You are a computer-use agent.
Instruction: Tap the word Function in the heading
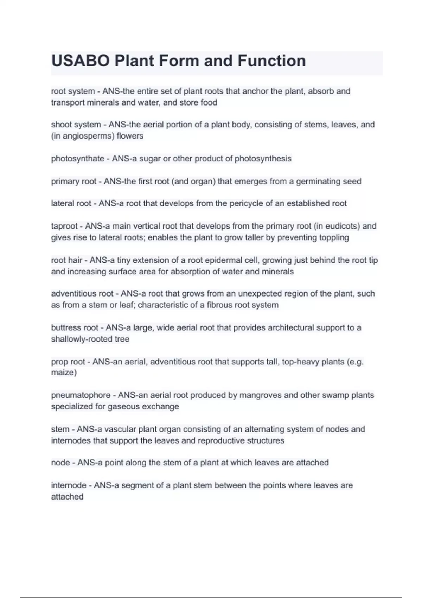coord(271,61)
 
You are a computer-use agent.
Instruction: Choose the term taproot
coord(64,226)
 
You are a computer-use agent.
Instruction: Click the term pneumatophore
coord(81,395)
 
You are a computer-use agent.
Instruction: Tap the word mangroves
coord(258,395)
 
